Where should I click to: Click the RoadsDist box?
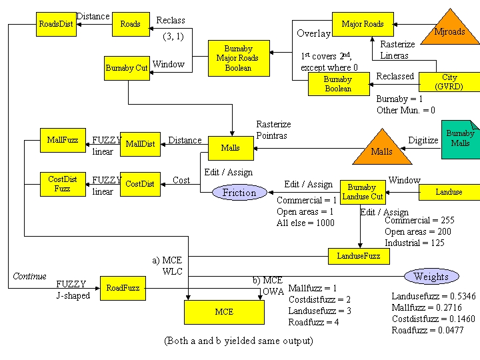click(x=55, y=24)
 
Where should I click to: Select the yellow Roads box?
click(x=130, y=24)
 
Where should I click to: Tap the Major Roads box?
click(x=363, y=24)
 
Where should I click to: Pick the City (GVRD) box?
click(x=449, y=82)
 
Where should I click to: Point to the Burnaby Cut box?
click(x=127, y=68)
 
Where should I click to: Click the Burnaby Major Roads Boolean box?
click(x=238, y=58)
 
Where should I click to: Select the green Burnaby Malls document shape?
click(x=460, y=139)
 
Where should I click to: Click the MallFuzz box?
click(x=63, y=140)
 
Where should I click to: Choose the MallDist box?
click(x=140, y=143)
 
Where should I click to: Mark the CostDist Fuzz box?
click(x=63, y=183)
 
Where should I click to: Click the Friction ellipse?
click(x=239, y=193)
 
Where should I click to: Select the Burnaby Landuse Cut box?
click(x=362, y=192)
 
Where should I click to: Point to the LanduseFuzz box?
click(x=359, y=255)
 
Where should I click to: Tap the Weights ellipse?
click(x=431, y=276)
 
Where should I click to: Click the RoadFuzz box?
click(x=123, y=288)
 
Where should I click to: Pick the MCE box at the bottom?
click(x=224, y=311)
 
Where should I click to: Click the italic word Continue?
click(x=29, y=276)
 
